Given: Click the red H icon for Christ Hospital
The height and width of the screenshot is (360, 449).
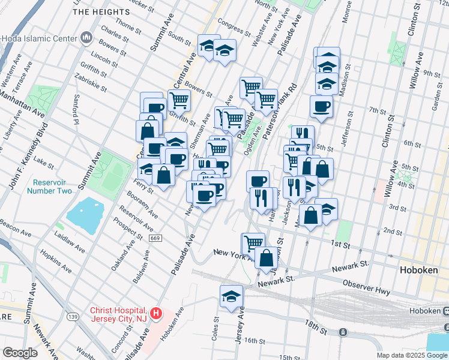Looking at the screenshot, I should click(x=156, y=313).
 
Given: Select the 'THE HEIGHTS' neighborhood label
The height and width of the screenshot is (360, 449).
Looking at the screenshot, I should click(x=100, y=11).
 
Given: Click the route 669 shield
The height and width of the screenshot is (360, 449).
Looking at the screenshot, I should click(x=155, y=238).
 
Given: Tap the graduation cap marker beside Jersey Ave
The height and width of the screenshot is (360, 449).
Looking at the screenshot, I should click(x=231, y=296).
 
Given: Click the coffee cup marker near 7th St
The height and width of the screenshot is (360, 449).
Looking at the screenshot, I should click(x=321, y=107).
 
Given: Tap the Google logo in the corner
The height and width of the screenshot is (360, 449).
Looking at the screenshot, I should click(x=20, y=353).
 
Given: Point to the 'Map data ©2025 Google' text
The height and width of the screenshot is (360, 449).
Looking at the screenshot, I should click(x=412, y=355).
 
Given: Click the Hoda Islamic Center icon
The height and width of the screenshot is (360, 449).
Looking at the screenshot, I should click(x=86, y=38).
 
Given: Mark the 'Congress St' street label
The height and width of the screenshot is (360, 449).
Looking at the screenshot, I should click(x=234, y=27).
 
